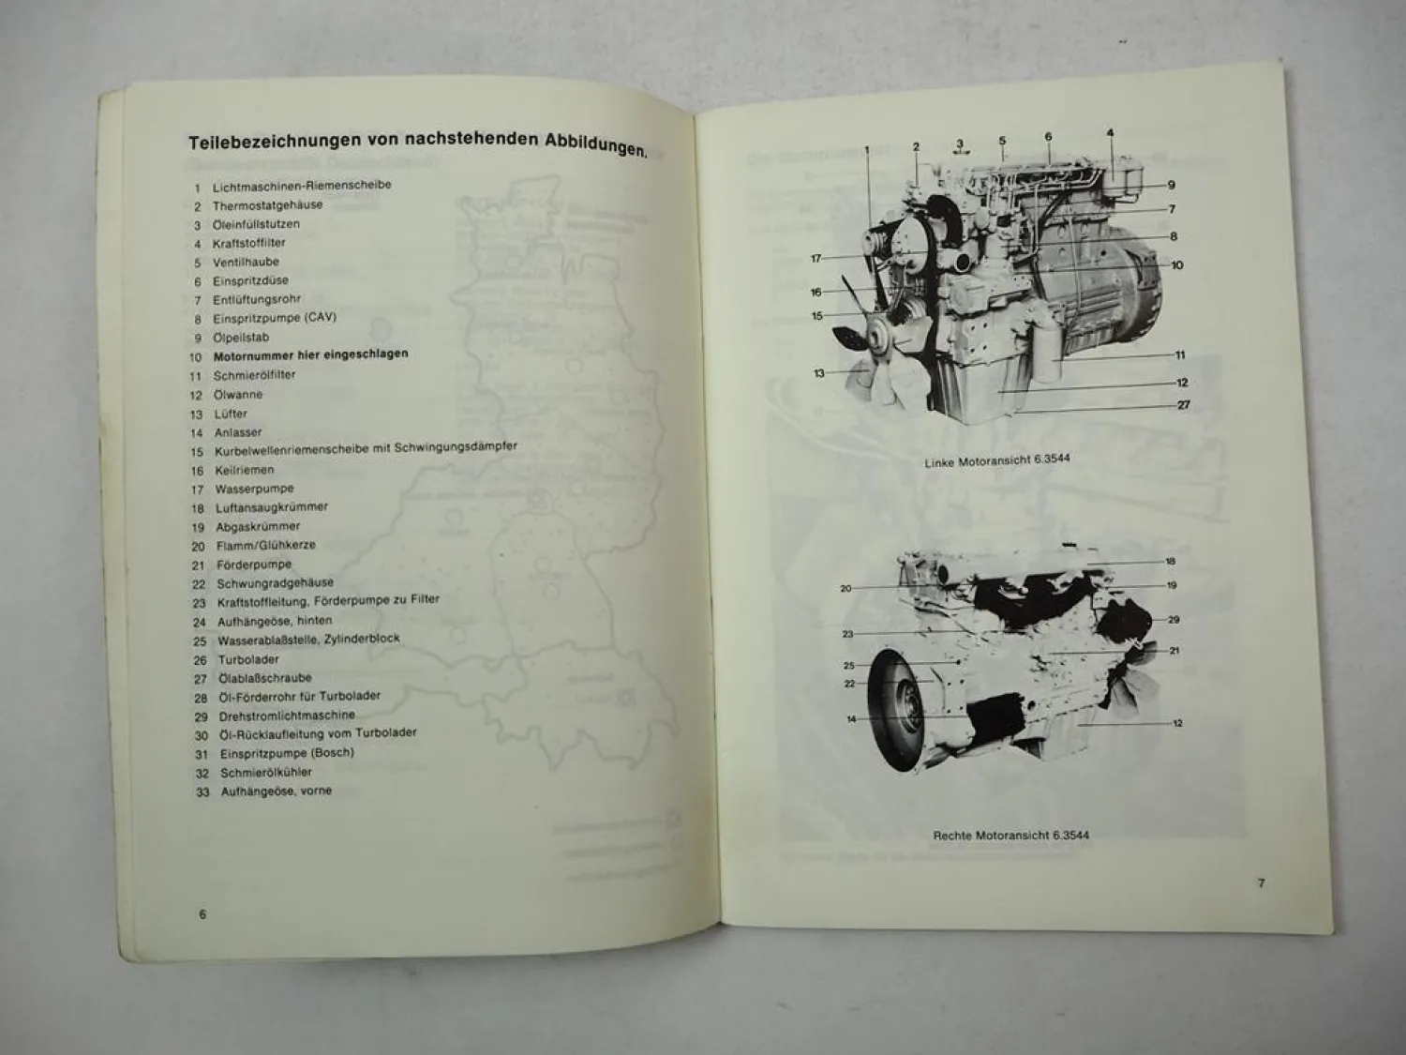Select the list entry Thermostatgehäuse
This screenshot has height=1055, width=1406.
pos(267,205)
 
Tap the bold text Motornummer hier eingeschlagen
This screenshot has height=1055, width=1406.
pos(310,355)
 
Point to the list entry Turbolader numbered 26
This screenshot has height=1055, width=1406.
pos(248,659)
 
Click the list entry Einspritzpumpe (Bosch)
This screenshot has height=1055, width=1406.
pos(287,753)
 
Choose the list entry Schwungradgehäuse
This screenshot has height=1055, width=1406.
pos(275,583)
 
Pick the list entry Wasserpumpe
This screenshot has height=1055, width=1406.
pos(254,489)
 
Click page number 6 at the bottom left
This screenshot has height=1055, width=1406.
pos(202,914)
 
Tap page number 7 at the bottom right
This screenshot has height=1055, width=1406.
pos(1261,882)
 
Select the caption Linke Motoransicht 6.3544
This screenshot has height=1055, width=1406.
pos(997,461)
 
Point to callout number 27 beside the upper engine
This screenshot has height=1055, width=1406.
pos(1184,405)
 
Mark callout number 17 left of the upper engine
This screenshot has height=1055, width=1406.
pos(815,259)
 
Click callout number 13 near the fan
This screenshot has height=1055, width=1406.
pos(819,373)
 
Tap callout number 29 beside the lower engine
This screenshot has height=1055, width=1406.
pos(1174,620)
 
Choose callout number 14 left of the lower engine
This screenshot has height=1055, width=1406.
pos(851,719)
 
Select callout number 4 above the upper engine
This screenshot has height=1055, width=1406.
pos(1110,133)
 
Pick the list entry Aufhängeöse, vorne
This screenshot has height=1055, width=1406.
pos(276,791)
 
